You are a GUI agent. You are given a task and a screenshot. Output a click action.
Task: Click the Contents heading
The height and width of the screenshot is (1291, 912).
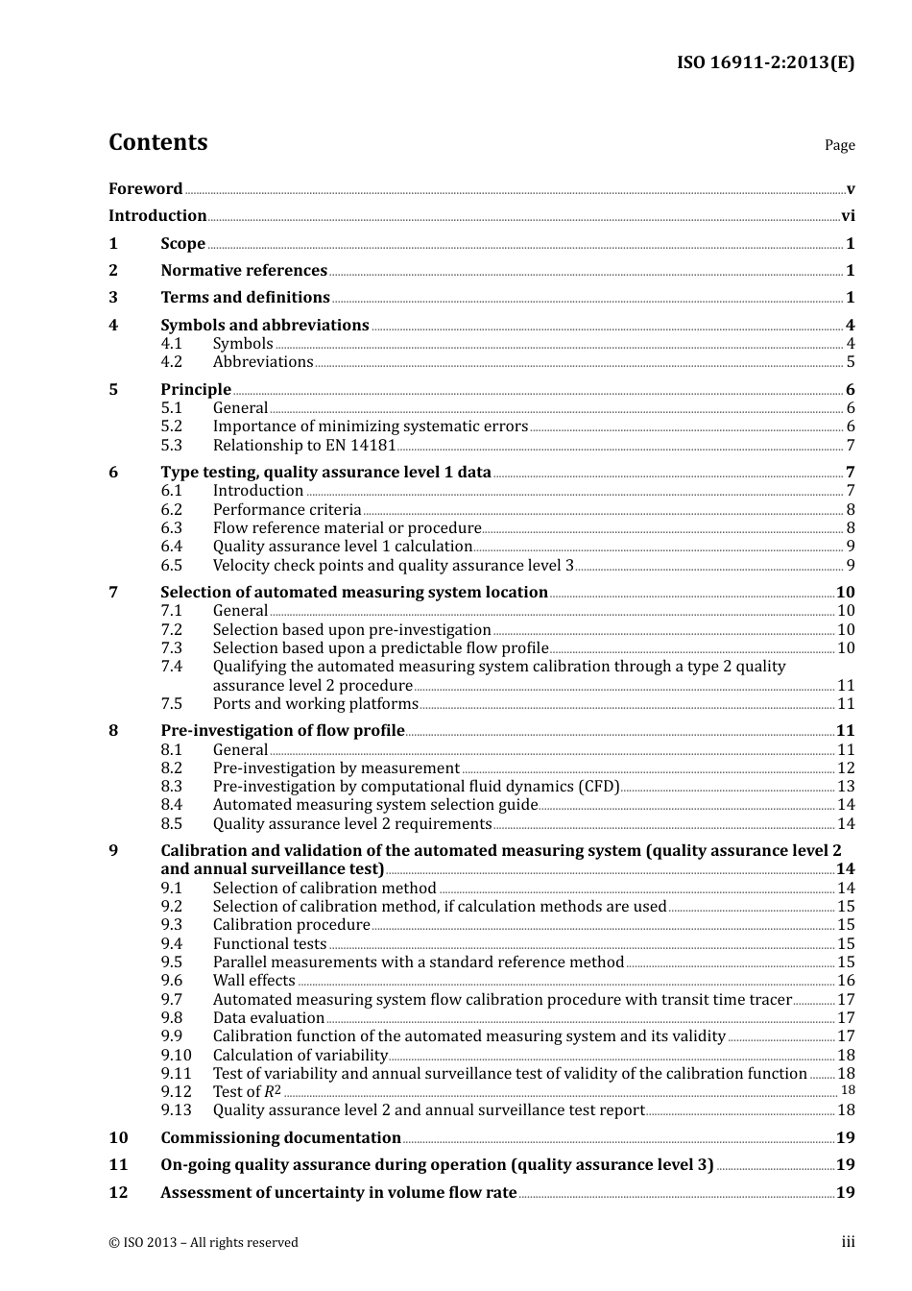[x=157, y=142]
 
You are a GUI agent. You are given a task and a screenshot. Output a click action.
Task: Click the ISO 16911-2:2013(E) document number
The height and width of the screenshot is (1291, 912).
[x=765, y=62]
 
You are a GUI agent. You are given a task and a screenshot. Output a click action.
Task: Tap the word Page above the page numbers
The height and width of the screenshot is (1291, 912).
[x=839, y=145]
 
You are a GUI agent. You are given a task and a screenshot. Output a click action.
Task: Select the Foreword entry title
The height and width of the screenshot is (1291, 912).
[x=145, y=188]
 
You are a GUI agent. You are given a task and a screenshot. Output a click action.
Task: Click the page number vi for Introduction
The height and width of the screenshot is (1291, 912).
[x=848, y=216]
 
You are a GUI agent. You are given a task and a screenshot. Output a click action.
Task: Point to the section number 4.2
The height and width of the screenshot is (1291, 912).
[x=171, y=362]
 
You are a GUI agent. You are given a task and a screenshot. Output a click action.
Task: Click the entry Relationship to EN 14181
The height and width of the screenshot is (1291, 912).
[x=303, y=446]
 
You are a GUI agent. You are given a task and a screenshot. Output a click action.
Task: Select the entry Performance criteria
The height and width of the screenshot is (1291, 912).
[x=286, y=510]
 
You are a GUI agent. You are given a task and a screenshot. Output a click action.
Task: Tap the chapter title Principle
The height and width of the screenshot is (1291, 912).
[x=196, y=390]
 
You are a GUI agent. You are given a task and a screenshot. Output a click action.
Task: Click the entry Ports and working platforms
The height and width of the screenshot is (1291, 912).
[x=315, y=704]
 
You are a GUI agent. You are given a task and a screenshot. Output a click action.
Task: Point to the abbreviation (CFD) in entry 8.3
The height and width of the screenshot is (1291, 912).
[x=598, y=787]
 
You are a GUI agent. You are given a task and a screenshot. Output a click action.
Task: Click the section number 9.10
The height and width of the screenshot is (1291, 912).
[x=176, y=1056]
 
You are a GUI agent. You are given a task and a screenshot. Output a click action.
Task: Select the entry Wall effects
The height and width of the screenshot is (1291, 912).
[x=253, y=981]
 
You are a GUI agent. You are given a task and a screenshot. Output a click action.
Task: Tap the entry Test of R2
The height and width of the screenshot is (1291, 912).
[x=247, y=1092]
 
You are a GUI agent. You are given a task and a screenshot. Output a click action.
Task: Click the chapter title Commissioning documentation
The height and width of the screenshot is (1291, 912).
[x=280, y=1138]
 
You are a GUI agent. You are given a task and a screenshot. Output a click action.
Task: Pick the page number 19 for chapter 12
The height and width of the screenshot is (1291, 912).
[x=845, y=1193]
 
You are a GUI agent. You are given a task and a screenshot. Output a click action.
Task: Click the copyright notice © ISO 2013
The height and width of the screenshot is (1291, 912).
[x=203, y=1243]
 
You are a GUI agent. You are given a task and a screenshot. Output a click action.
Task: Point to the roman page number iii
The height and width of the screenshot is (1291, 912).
[x=848, y=1242]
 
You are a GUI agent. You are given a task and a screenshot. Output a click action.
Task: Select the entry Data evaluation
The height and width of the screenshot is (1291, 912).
[x=268, y=1018]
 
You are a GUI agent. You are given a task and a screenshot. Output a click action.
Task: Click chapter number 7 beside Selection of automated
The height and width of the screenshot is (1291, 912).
[x=113, y=593]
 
